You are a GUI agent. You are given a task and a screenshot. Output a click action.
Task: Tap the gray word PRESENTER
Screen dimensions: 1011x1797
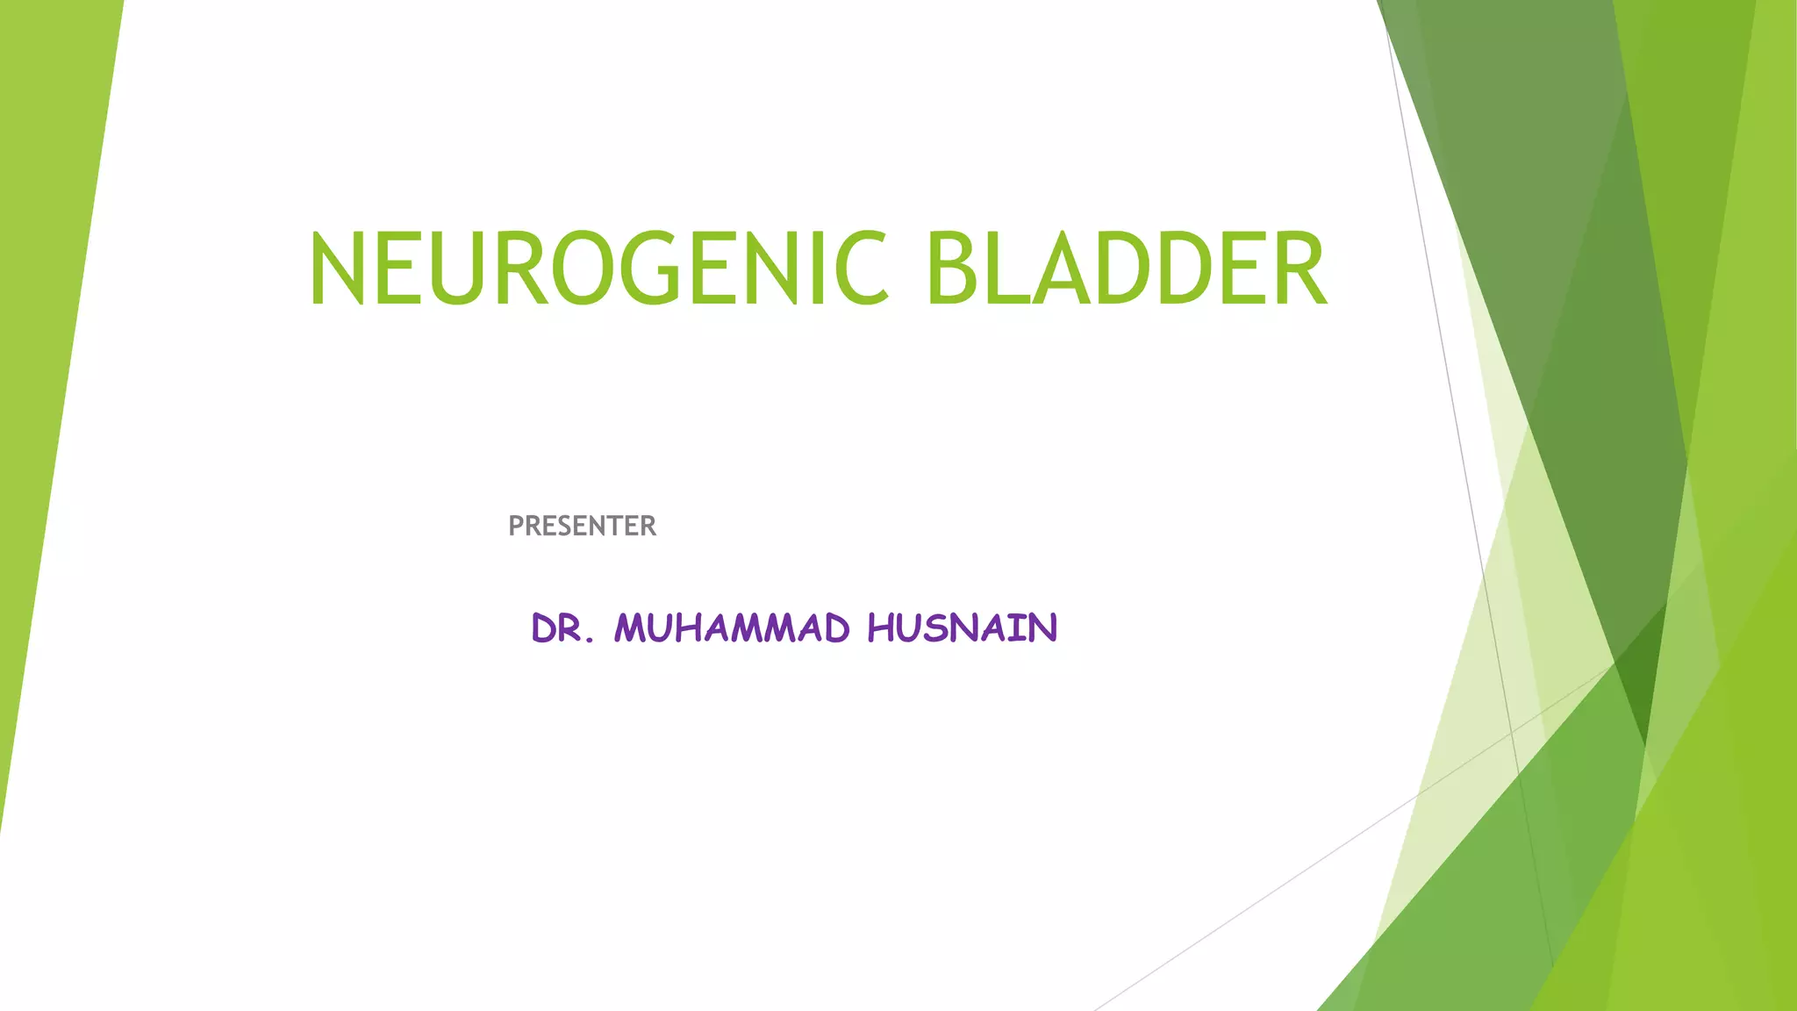(x=582, y=526)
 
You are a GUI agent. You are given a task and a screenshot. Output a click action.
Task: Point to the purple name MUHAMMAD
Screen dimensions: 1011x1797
(x=732, y=628)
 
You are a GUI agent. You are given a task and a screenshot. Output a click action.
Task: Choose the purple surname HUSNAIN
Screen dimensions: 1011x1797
(x=963, y=628)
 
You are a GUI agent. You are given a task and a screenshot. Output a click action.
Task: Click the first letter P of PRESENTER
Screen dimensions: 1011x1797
(x=516, y=526)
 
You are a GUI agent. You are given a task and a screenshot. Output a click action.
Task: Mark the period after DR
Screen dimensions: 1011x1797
(x=590, y=640)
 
